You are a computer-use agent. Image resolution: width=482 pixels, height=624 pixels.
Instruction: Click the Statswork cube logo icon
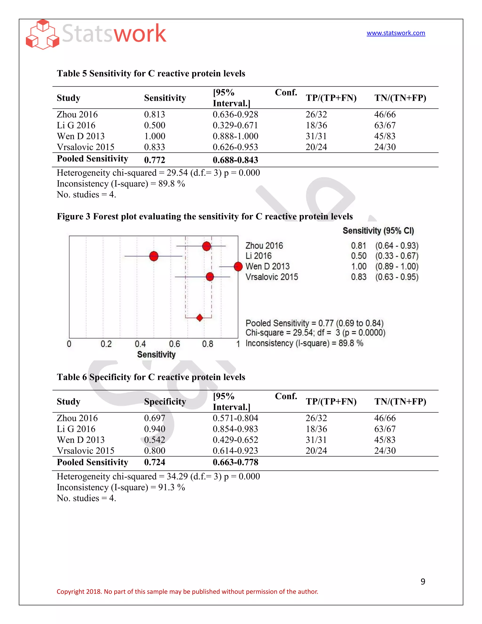tap(43, 35)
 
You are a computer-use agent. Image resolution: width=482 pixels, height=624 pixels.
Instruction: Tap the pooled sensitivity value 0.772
tap(154, 160)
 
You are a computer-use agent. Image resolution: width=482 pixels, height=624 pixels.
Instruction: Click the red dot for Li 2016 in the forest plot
tap(154, 256)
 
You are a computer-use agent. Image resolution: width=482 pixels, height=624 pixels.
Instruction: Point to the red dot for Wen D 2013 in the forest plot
tap(238, 267)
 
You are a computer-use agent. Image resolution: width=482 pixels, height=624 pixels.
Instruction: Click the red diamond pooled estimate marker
tap(200, 317)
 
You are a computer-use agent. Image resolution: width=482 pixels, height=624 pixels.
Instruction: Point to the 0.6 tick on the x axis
tap(174, 344)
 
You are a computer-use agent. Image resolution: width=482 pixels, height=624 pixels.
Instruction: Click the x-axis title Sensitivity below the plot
tap(156, 355)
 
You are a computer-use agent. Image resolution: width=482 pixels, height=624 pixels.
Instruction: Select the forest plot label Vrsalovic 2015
tap(272, 277)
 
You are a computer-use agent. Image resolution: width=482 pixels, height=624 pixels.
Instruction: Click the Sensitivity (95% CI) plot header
tap(378, 231)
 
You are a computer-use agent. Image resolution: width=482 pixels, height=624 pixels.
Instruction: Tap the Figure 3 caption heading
tap(205, 217)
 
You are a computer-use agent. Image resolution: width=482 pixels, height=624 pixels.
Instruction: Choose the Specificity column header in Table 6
tap(165, 402)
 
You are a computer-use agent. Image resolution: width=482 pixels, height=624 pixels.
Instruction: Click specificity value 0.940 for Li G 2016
tap(154, 429)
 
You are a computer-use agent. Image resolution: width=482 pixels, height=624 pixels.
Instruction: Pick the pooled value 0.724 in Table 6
tap(154, 462)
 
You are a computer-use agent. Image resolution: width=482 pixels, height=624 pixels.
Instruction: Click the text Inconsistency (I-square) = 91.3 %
tap(121, 487)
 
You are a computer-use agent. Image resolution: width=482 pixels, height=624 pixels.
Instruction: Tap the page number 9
tap(423, 582)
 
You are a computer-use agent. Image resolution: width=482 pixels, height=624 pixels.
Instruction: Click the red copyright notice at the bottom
tap(187, 592)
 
